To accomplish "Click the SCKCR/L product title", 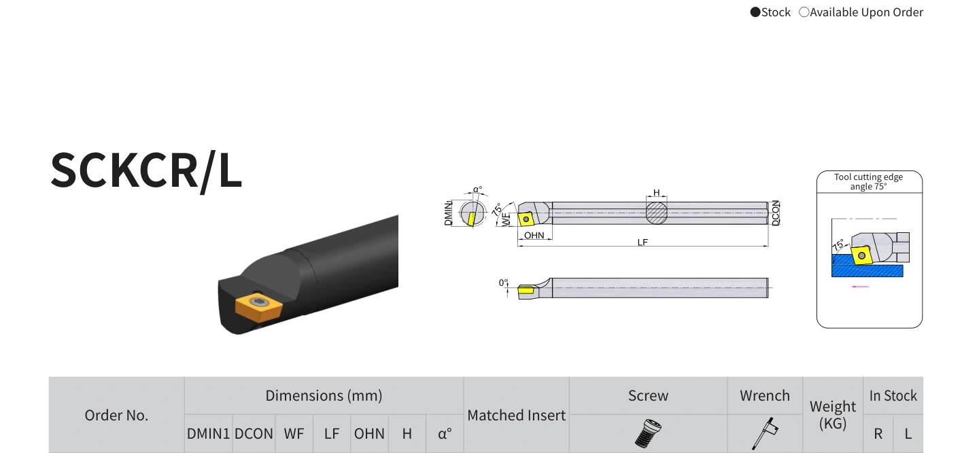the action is point(146,170).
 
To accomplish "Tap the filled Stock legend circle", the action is point(755,12).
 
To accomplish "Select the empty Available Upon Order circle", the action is point(804,12).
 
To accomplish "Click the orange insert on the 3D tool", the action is point(258,307).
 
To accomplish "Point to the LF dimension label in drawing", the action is point(642,242).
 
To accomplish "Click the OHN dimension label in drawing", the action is point(534,235).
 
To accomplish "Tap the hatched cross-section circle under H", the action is point(657,213).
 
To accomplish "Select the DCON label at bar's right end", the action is point(775,213).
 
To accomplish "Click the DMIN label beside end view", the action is point(448,213).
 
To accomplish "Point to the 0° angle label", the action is point(503,283).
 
